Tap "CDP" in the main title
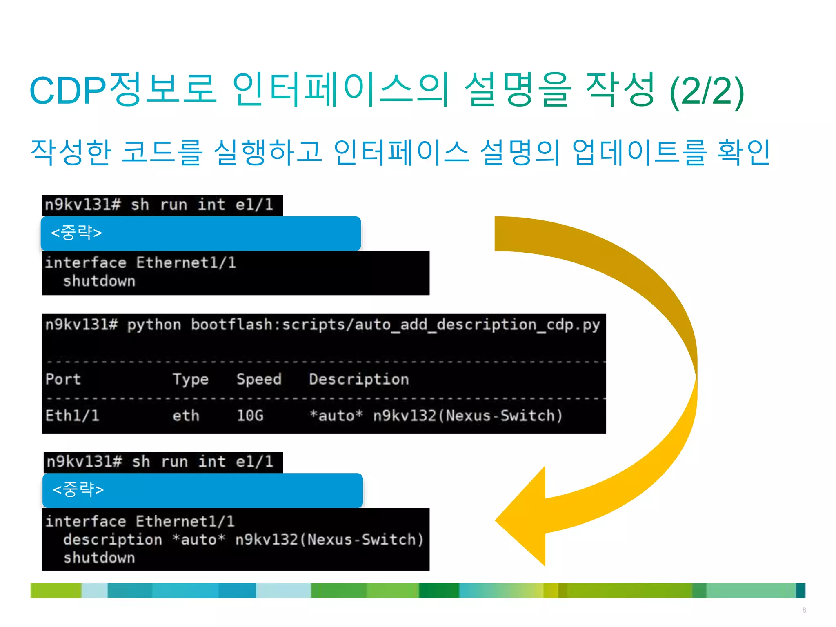pyautogui.click(x=68, y=91)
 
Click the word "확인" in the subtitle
pyautogui.click(x=744, y=152)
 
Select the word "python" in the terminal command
pyautogui.click(x=154, y=325)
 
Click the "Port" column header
pyautogui.click(x=63, y=379)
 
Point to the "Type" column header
pyautogui.click(x=190, y=379)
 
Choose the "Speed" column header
pyautogui.click(x=259, y=379)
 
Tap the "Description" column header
pyautogui.click(x=359, y=379)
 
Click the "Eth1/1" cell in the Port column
pyautogui.click(x=72, y=416)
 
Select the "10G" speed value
pyautogui.click(x=250, y=416)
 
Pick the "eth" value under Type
pyautogui.click(x=186, y=416)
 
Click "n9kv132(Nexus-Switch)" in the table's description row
pyautogui.click(x=468, y=416)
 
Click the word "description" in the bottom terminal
pyautogui.click(x=113, y=540)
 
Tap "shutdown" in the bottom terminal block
pyautogui.click(x=99, y=558)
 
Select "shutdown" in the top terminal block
pyautogui.click(x=99, y=281)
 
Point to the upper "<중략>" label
pyautogui.click(x=76, y=233)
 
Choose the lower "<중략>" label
pyautogui.click(x=78, y=489)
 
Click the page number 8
pyautogui.click(x=804, y=610)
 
